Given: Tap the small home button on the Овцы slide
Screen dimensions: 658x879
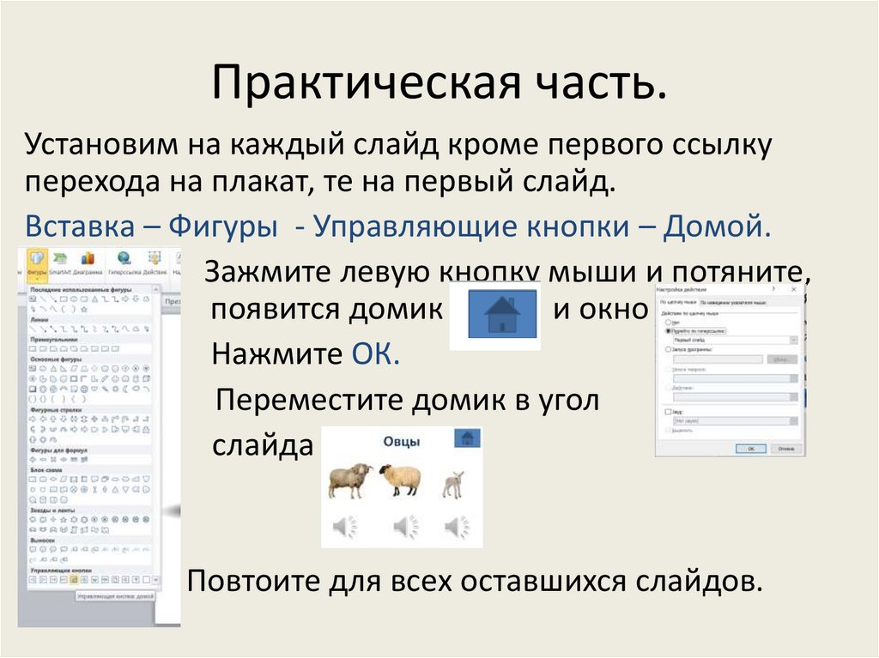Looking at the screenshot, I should (x=468, y=438).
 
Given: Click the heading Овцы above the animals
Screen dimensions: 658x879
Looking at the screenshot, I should (x=400, y=442).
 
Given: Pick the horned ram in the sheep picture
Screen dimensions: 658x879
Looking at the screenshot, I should (x=349, y=480).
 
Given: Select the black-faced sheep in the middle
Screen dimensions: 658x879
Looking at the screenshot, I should (x=401, y=480).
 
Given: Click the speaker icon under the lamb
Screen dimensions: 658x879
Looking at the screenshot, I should (x=457, y=526).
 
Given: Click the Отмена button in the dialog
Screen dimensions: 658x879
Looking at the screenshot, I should (x=783, y=448).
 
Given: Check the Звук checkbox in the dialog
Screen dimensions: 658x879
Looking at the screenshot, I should (x=668, y=412).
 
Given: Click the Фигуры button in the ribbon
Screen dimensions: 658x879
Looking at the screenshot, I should (x=36, y=261).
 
